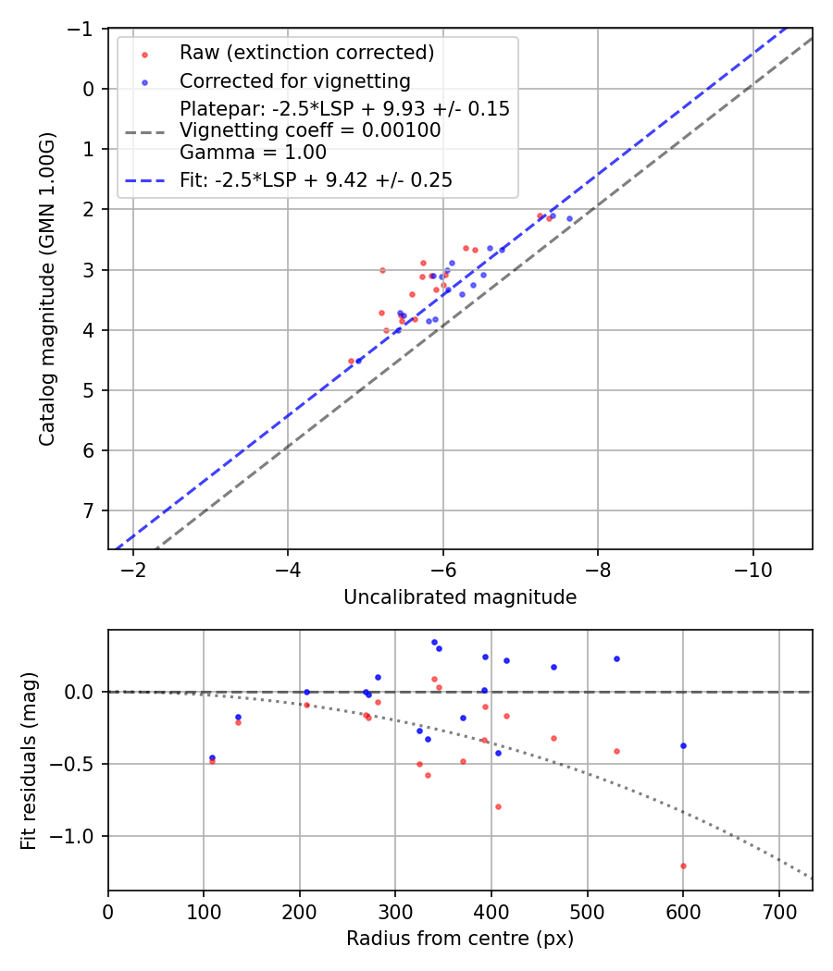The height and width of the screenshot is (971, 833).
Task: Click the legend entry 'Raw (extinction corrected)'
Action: (306, 53)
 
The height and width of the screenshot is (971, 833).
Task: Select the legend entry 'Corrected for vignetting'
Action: (294, 80)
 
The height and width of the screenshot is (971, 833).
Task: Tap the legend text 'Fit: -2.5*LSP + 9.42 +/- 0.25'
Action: (316, 180)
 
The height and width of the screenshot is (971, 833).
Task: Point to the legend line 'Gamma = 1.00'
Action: (253, 152)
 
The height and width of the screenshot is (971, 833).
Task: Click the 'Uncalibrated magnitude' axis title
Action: (460, 598)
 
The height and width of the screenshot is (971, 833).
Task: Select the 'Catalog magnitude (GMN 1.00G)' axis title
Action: (47, 289)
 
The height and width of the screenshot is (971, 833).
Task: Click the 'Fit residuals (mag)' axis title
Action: (30, 760)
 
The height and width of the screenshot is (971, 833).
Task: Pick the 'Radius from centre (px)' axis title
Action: (460, 939)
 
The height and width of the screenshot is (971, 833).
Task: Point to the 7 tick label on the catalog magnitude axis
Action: (90, 510)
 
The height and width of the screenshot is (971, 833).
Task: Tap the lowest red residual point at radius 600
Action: (683, 866)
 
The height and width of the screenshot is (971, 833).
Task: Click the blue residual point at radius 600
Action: (683, 745)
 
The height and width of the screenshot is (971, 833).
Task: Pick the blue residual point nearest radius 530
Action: (616, 658)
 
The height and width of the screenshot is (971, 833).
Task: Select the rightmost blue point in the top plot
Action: (569, 218)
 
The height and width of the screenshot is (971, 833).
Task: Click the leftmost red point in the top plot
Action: (351, 361)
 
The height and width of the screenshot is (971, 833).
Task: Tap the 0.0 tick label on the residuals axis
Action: (81, 692)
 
